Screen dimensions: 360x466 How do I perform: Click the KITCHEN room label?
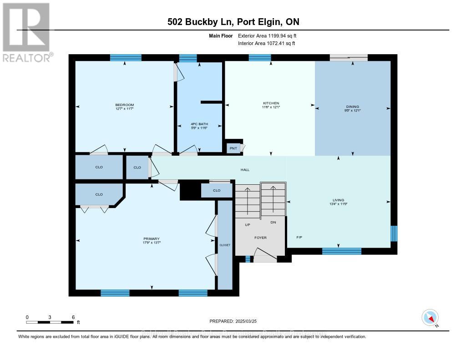[271, 103]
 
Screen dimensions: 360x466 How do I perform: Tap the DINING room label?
[353, 106]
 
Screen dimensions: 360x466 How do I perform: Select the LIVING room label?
[338, 200]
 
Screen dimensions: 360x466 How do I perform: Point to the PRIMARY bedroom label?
[151, 238]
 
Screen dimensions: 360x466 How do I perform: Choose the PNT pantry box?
[233, 148]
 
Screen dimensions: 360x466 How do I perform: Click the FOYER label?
[260, 238]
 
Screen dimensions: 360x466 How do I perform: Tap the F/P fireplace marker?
[299, 238]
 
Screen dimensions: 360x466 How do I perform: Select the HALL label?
[245, 170]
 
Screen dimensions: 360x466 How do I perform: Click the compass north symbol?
[430, 317]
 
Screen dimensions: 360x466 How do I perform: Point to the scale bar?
[50, 322]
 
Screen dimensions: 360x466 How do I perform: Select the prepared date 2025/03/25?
[233, 321]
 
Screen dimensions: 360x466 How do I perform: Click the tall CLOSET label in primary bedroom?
[225, 245]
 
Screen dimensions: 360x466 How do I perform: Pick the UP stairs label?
[248, 224]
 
